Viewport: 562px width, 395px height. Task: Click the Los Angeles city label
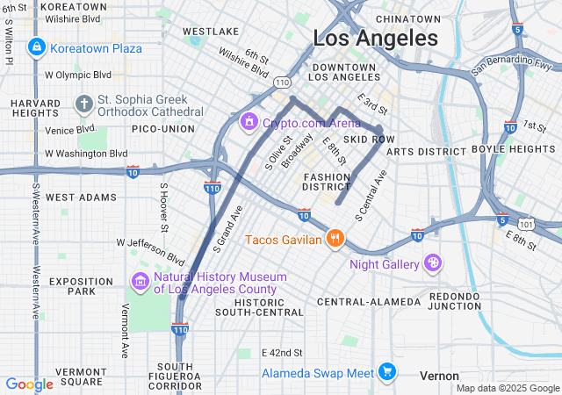376,39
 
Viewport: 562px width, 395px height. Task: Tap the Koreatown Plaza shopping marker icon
36,47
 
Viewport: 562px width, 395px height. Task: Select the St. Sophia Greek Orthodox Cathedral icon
84,105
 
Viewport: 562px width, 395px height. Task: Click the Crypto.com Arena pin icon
249,120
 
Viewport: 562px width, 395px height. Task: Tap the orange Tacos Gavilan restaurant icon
334,238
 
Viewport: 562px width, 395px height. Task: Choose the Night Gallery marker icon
433,263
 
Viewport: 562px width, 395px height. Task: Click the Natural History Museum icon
140,282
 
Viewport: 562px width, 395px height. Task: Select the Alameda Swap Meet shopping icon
385,373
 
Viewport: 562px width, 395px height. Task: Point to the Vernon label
439,376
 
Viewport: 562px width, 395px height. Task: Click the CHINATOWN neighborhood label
407,18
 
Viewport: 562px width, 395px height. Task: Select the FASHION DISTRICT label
327,182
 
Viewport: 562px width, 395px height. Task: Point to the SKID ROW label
369,140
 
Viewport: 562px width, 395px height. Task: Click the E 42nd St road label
282,352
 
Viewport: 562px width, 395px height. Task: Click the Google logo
29,384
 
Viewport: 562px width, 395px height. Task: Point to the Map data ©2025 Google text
506,388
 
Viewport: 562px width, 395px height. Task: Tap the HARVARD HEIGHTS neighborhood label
36,109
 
